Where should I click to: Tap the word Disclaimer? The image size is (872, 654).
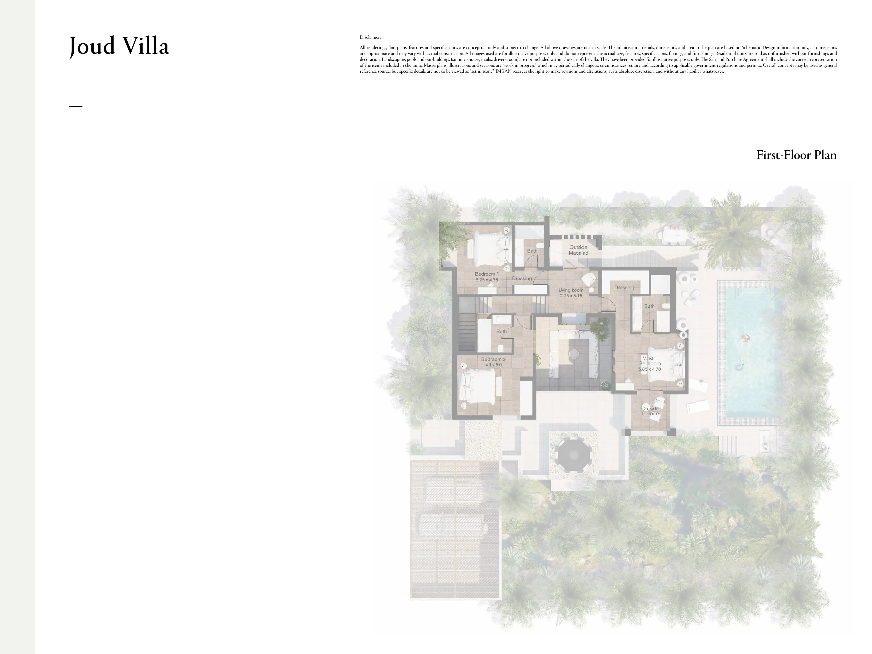370,37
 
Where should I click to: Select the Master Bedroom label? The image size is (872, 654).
650,361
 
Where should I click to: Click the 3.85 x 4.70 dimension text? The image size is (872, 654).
650,369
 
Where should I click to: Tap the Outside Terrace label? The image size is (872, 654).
650,411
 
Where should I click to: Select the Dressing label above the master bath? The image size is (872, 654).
624,288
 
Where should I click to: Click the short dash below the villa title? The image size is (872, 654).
76,106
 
